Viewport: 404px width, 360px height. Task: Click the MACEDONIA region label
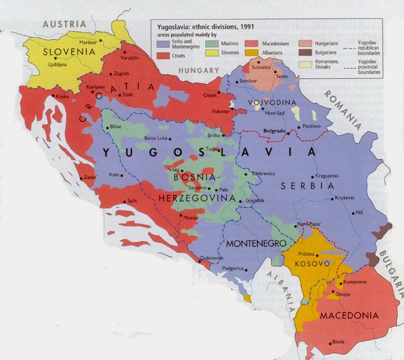coord(349,316)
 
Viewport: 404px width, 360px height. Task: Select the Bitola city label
coord(337,342)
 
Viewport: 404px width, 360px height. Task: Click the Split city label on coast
coord(132,200)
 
